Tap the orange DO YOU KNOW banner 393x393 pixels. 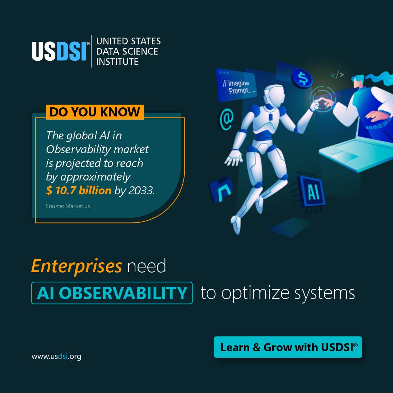[95, 112]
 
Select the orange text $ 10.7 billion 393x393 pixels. [79, 190]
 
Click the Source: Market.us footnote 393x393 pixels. [68, 206]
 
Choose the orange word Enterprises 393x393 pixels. [76, 266]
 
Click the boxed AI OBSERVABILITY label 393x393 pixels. [112, 293]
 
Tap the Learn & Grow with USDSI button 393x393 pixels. [288, 347]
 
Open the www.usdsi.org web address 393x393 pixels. [56, 356]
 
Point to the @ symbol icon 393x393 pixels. [226, 119]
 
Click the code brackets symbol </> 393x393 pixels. [337, 75]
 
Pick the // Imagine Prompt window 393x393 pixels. [237, 84]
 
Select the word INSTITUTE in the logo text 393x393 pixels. [117, 61]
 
